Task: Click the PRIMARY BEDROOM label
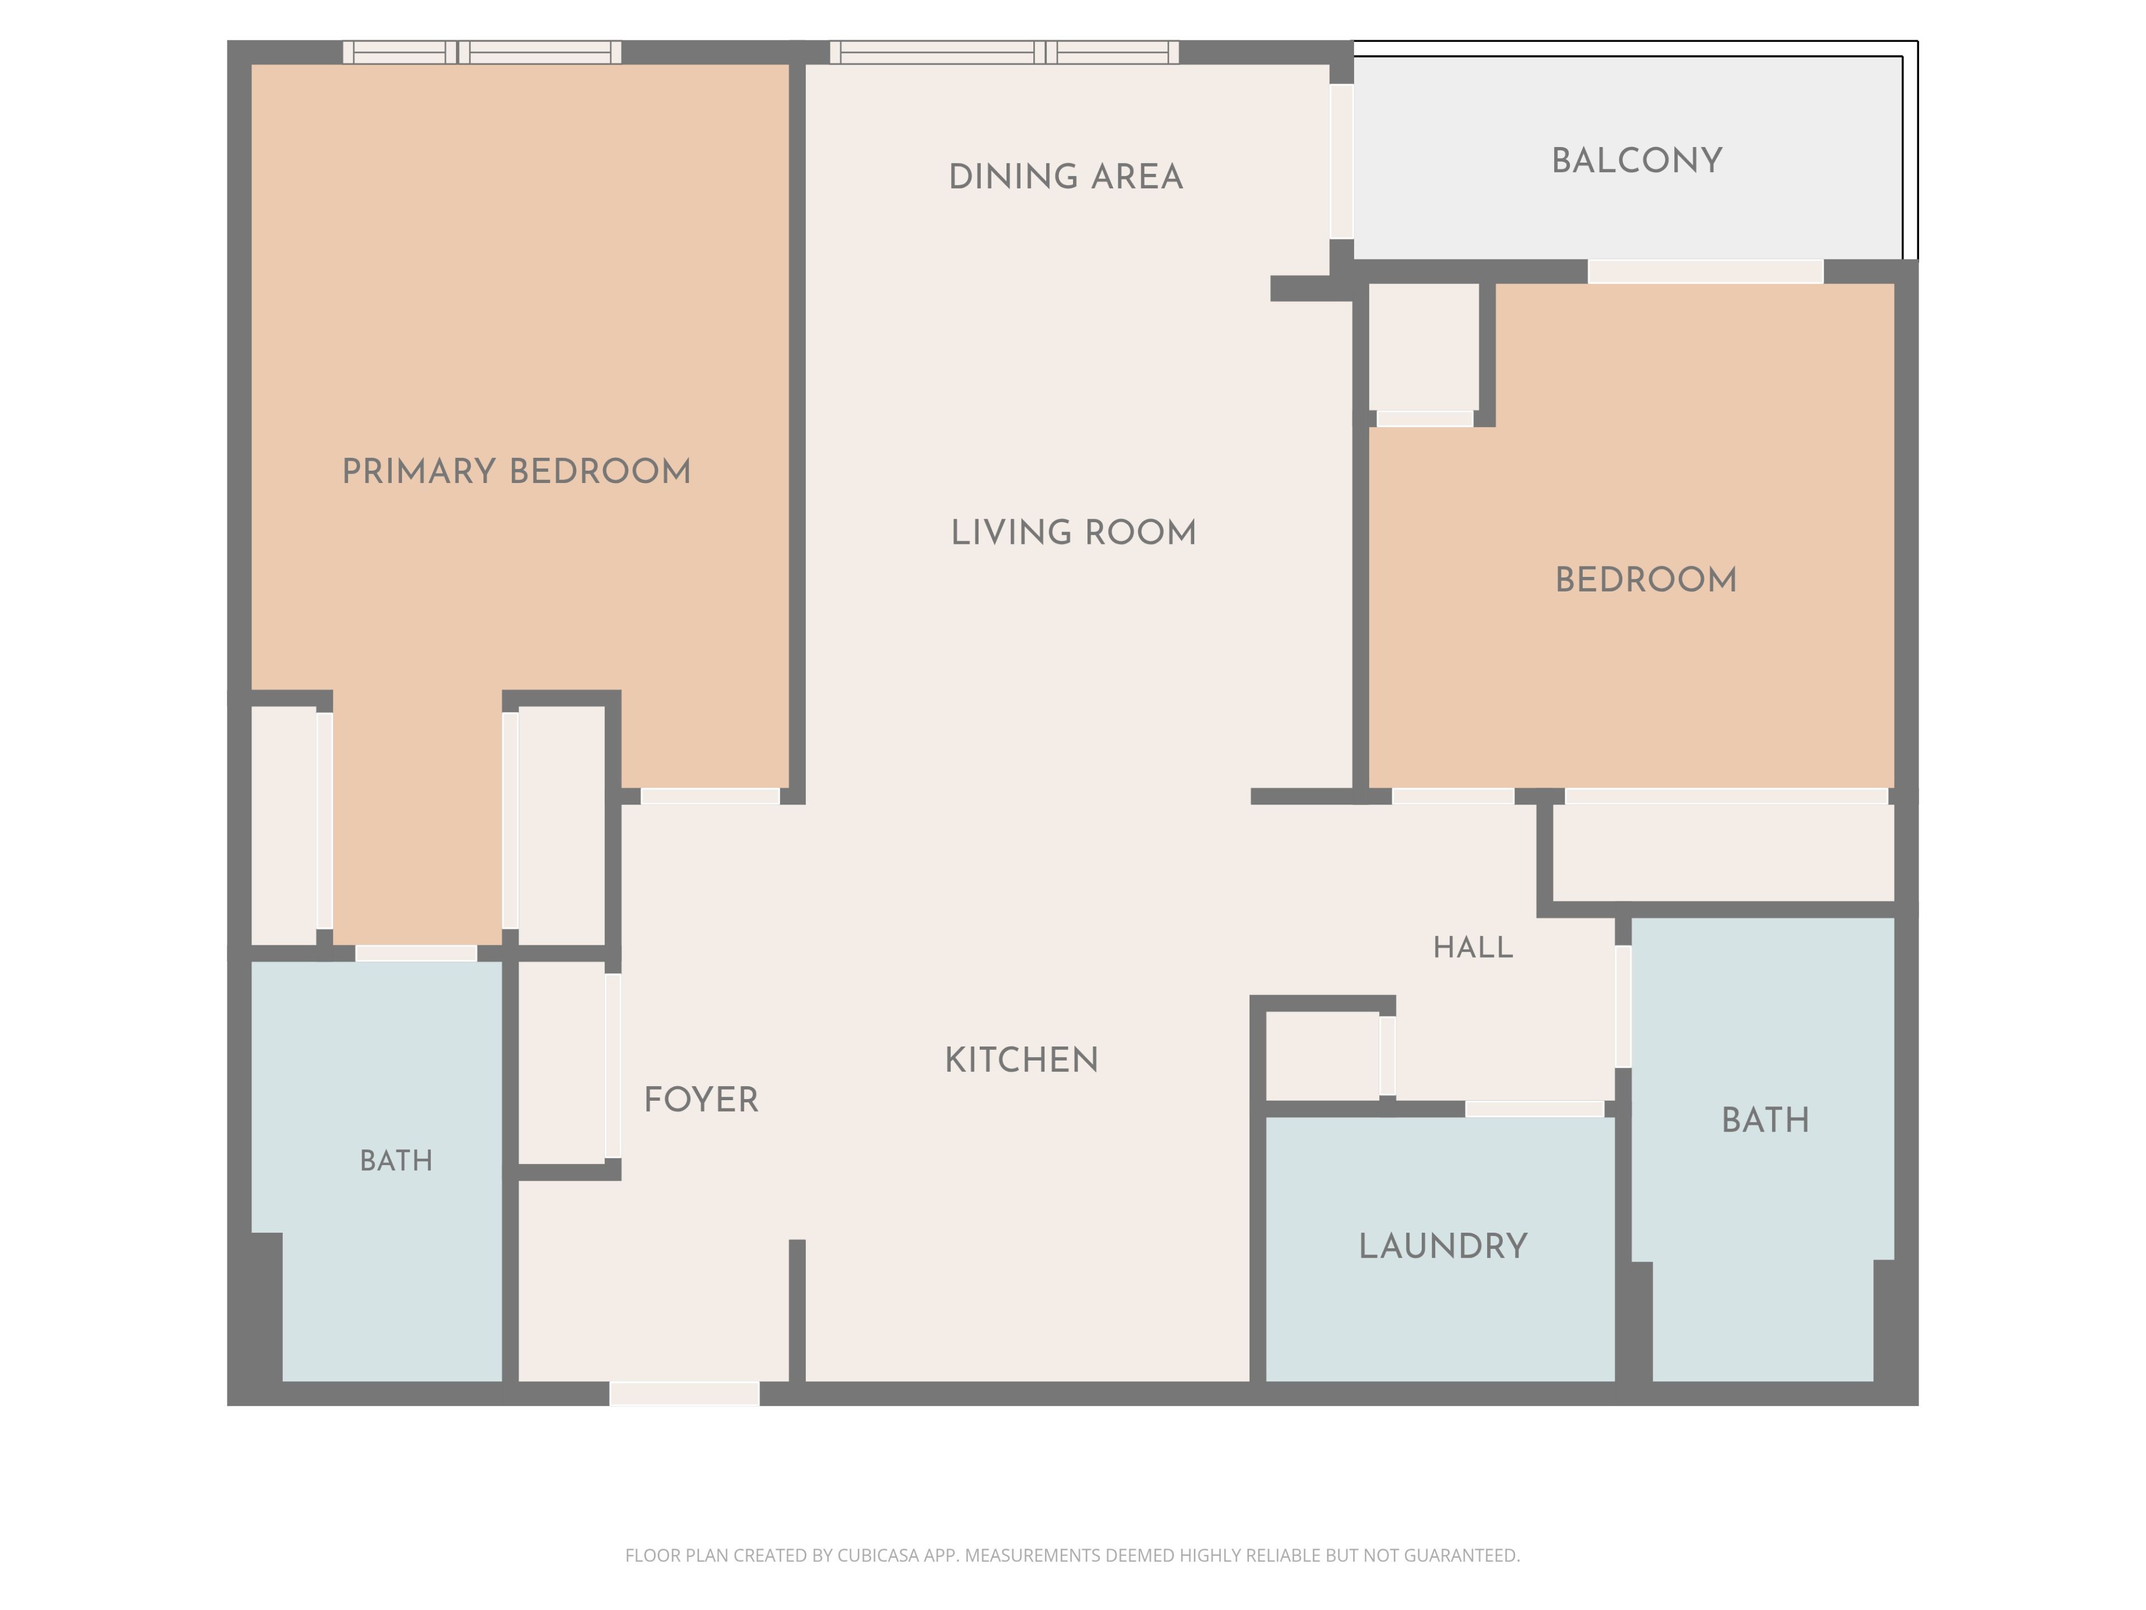coord(516,472)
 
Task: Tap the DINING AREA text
coord(1065,177)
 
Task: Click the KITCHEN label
coord(1022,1060)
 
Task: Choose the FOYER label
coord(700,1100)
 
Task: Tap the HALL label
coord(1473,947)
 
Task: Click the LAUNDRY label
coord(1442,1246)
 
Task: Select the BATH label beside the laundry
coord(1765,1120)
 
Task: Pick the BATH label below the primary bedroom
coord(396,1161)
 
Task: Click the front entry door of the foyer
coord(684,1394)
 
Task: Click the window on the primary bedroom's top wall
coord(482,53)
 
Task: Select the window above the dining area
coord(1004,53)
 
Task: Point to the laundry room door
coord(1534,1109)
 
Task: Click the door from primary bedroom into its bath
coord(416,953)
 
